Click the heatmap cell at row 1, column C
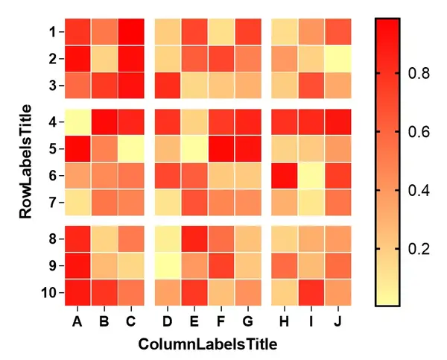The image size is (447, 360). point(131,31)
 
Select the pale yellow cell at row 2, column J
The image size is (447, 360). point(338,59)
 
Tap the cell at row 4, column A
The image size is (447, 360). point(77,122)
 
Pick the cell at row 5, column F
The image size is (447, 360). point(221,149)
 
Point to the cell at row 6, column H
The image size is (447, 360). point(285,176)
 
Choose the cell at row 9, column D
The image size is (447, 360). point(168,266)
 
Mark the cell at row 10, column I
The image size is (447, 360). point(311,293)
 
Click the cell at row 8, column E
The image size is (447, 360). point(194,239)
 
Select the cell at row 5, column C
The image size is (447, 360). point(131,149)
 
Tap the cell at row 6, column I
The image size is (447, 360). point(311,176)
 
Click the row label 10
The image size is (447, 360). point(49,293)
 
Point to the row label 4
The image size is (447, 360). point(53,122)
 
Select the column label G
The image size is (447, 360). point(248,321)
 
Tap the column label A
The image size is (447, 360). point(77,321)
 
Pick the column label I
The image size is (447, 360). point(311,321)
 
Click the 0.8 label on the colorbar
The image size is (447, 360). point(419,73)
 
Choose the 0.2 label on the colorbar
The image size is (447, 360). point(419,249)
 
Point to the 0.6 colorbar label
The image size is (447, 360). point(419,132)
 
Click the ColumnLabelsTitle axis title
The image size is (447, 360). point(208,344)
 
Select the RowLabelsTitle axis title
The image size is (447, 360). point(25,162)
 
